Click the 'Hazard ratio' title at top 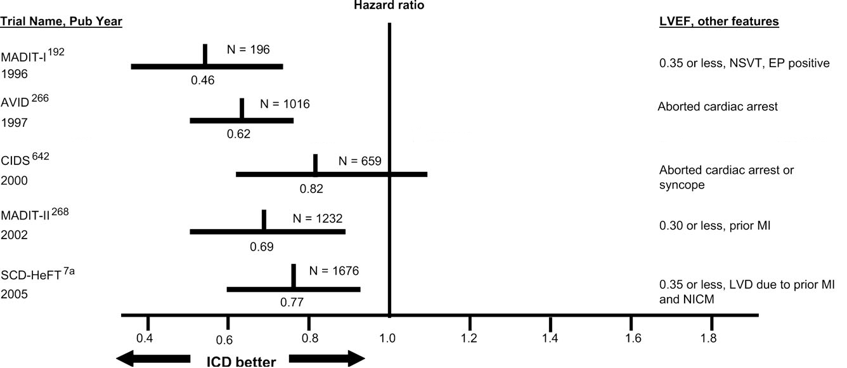tap(389, 6)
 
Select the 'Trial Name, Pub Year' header tap(61, 22)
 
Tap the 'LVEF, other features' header tap(719, 22)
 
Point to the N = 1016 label tap(285, 104)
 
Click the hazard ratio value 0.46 tap(203, 81)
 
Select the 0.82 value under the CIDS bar tap(311, 188)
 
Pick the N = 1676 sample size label tap(334, 271)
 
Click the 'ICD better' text tap(241, 362)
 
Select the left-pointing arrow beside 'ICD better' tap(152, 358)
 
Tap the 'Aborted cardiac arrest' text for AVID tap(718, 107)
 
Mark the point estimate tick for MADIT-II tap(264, 220)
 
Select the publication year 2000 tap(14, 181)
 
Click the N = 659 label tap(359, 161)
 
